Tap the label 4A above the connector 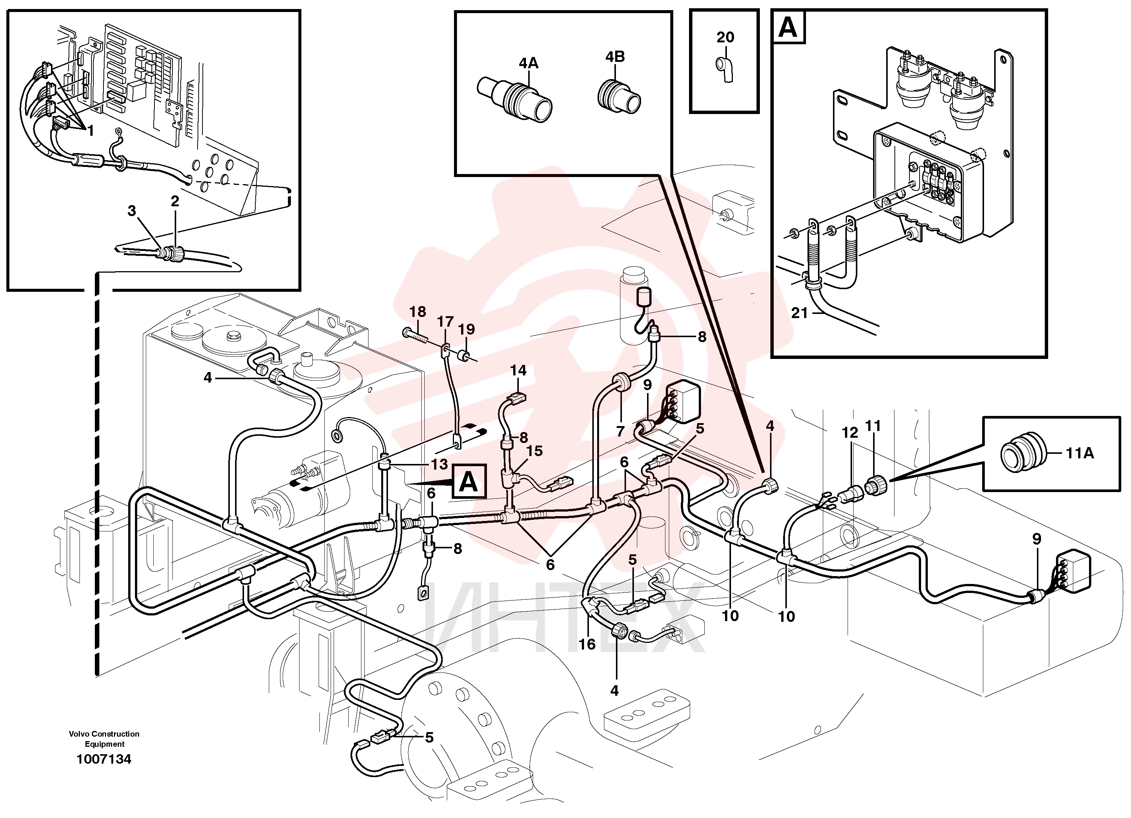(x=529, y=63)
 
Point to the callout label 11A (x=1080, y=453)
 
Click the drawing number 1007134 (x=104, y=759)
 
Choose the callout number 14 (x=518, y=370)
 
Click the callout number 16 (x=587, y=644)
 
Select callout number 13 (x=439, y=464)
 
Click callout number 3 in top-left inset (x=132, y=211)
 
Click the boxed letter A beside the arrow (x=468, y=482)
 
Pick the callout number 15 (x=534, y=451)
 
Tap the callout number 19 (x=466, y=329)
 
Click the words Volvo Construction (x=104, y=734)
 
